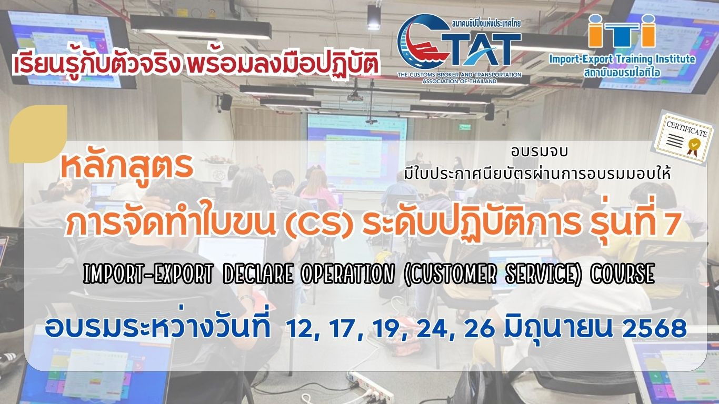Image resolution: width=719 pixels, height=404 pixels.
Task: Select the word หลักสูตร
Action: pyautogui.click(x=127, y=167)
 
